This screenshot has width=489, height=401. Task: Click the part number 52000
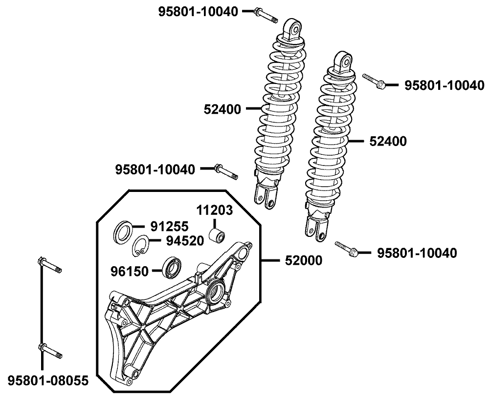[304, 260]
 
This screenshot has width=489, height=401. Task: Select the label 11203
[215, 211]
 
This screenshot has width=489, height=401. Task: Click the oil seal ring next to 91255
[123, 232]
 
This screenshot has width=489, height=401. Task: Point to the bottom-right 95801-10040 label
[417, 253]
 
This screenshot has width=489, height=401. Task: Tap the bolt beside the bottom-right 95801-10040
[347, 249]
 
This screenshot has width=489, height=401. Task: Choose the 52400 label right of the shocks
[388, 142]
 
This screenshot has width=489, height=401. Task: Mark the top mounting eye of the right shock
[344, 61]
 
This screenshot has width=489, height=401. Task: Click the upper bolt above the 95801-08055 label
[48, 266]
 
